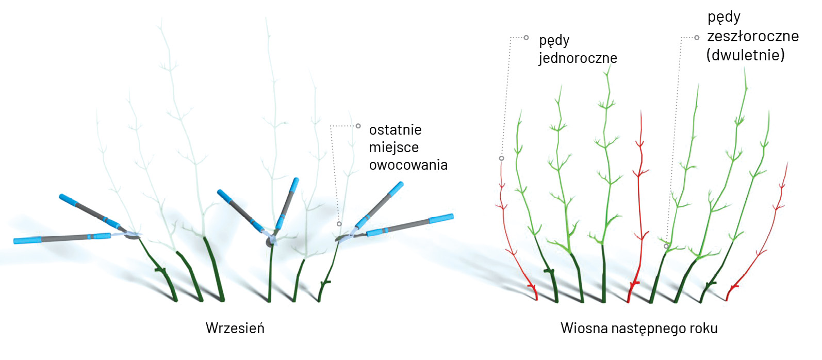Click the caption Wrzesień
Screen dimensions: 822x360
(x=235, y=328)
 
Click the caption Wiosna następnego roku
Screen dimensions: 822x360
(x=639, y=329)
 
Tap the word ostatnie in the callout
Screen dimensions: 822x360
(x=395, y=129)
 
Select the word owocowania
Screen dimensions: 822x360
(x=408, y=165)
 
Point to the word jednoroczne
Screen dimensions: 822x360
(x=578, y=58)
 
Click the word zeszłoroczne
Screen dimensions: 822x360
(x=753, y=36)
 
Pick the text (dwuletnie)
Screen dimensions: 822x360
(x=746, y=55)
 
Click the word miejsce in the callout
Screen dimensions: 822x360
(x=393, y=148)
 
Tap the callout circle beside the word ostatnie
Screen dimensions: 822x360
(x=358, y=126)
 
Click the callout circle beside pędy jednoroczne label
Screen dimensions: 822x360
(x=526, y=38)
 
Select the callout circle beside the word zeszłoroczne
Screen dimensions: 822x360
(x=697, y=38)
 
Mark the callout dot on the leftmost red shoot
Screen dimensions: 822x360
(x=501, y=158)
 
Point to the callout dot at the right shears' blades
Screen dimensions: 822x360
(x=339, y=224)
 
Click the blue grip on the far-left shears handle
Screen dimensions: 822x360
(x=27, y=240)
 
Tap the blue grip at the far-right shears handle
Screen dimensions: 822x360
(x=441, y=218)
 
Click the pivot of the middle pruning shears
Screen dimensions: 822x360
(x=270, y=242)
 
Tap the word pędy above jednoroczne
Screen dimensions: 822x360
(x=554, y=41)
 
